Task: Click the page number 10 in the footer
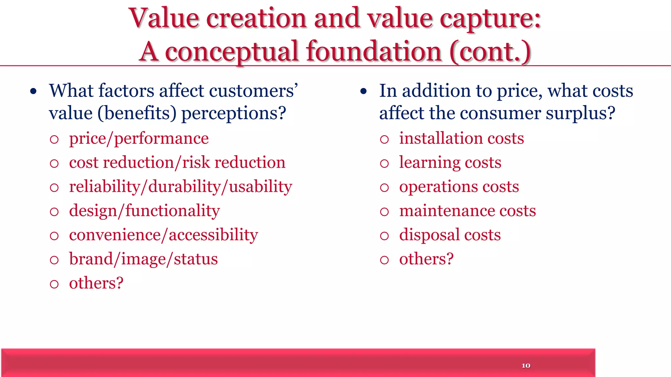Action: click(x=526, y=366)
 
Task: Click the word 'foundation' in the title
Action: click(x=374, y=51)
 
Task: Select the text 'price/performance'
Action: click(x=139, y=138)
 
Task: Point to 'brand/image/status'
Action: click(x=143, y=259)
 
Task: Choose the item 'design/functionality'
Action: click(x=144, y=211)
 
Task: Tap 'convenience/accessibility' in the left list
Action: click(x=163, y=235)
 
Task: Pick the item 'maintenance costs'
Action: click(x=467, y=211)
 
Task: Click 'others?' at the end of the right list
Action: click(x=426, y=259)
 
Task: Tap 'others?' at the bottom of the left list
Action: click(x=96, y=283)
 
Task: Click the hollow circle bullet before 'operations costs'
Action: click(x=384, y=188)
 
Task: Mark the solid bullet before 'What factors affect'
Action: click(x=33, y=92)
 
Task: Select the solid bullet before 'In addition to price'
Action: click(x=363, y=92)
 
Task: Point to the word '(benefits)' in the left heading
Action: click(x=137, y=113)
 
